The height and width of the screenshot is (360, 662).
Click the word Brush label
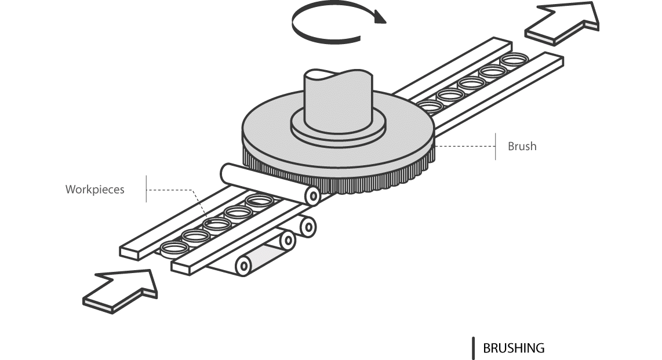[x=522, y=146]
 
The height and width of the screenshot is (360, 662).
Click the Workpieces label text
[x=94, y=190]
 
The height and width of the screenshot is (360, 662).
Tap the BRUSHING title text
[x=514, y=348]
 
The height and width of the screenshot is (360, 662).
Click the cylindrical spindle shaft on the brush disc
[x=336, y=99]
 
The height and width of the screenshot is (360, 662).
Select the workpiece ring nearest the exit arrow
[x=515, y=59]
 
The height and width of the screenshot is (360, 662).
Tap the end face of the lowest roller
[x=243, y=266]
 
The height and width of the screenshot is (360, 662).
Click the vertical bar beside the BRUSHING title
[x=474, y=348]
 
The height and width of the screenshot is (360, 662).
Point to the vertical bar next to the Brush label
[x=496, y=146]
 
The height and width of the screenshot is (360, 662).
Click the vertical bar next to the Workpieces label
[x=146, y=189]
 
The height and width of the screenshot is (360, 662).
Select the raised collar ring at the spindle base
[x=338, y=130]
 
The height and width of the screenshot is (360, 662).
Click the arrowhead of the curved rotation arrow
[x=380, y=17]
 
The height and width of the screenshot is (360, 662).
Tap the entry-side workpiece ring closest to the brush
[x=259, y=201]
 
